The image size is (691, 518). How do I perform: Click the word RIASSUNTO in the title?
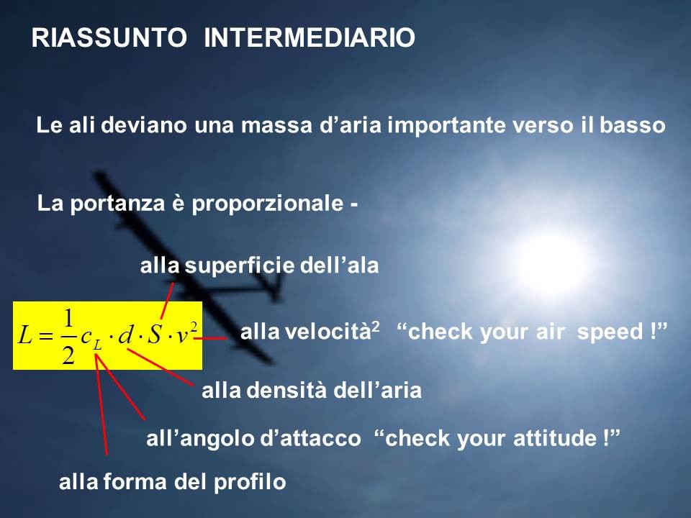pyautogui.click(x=109, y=37)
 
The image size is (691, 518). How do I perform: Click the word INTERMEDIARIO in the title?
pyautogui.click(x=310, y=37)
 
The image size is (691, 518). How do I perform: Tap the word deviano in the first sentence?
pyautogui.click(x=144, y=125)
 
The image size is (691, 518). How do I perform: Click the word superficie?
pyautogui.click(x=240, y=265)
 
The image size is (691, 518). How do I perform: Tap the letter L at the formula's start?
pyautogui.click(x=24, y=336)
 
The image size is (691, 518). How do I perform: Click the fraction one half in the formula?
pyautogui.click(x=68, y=337)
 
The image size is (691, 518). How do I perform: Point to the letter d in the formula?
pyautogui.click(x=125, y=336)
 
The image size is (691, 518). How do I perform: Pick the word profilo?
pyautogui.click(x=250, y=482)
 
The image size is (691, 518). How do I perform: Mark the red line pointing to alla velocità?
pyautogui.click(x=211, y=338)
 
